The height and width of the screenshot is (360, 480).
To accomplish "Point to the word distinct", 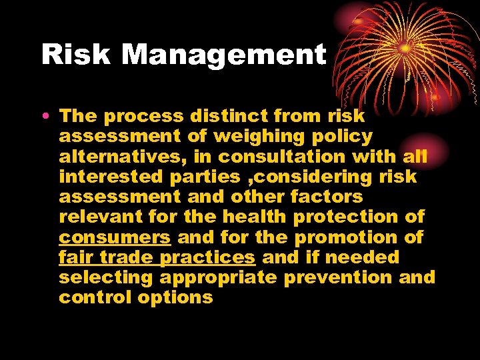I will click(x=228, y=116).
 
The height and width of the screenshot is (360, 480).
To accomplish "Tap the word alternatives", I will click(x=133, y=157).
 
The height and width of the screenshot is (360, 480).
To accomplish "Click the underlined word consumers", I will click(x=115, y=237).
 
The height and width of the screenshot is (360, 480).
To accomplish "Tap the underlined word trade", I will click(x=127, y=257).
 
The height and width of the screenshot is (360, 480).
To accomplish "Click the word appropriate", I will click(x=218, y=278).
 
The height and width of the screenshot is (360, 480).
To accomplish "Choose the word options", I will click(x=175, y=298).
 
